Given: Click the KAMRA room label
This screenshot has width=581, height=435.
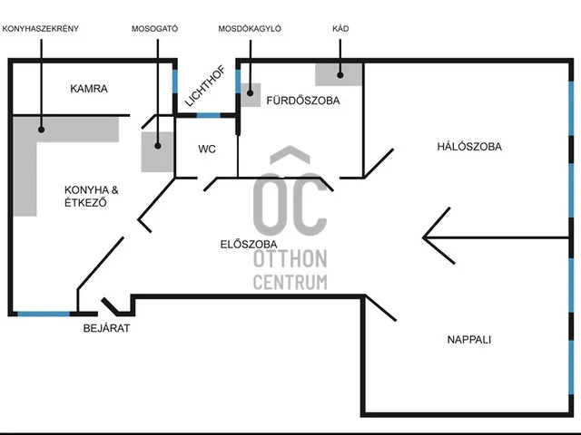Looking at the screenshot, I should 89,89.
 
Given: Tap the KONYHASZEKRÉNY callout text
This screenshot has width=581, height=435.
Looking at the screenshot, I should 41,29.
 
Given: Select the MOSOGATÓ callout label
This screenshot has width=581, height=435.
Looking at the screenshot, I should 154,29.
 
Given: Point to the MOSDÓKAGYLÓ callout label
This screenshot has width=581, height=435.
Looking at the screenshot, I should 250,29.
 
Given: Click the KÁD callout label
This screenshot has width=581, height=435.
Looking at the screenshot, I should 340,29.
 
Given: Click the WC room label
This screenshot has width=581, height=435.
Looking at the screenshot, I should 207,149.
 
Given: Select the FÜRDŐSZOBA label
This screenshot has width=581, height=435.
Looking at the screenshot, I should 302,101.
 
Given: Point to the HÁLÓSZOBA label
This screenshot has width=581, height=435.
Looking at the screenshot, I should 468,146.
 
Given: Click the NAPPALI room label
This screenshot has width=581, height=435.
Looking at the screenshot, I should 468,340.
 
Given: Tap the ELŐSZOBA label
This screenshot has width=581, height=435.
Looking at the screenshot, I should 249,244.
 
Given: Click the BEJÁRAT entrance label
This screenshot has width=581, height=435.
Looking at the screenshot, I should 106,328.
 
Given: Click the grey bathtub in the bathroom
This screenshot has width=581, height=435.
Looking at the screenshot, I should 338,73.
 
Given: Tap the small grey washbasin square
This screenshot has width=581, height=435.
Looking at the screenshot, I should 251,93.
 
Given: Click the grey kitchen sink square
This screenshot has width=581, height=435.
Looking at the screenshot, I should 157,151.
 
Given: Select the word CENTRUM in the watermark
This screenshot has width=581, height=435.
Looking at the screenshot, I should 290,282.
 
